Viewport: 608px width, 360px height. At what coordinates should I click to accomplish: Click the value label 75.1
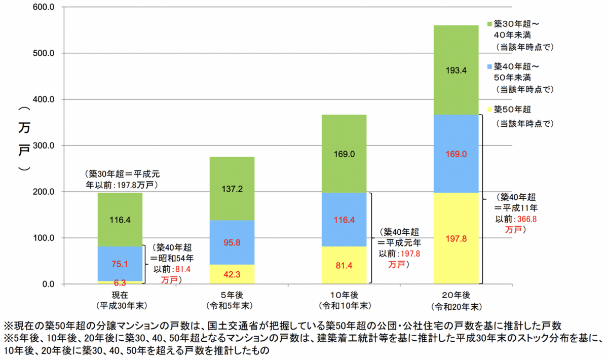coord(120,264)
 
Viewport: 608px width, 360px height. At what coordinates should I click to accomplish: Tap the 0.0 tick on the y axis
coord(49,284)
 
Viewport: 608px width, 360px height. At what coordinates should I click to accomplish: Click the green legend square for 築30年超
coord(489,24)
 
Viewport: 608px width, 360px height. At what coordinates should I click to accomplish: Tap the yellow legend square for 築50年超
coord(489,110)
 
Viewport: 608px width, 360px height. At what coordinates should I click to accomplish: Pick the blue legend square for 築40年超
coord(489,66)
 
